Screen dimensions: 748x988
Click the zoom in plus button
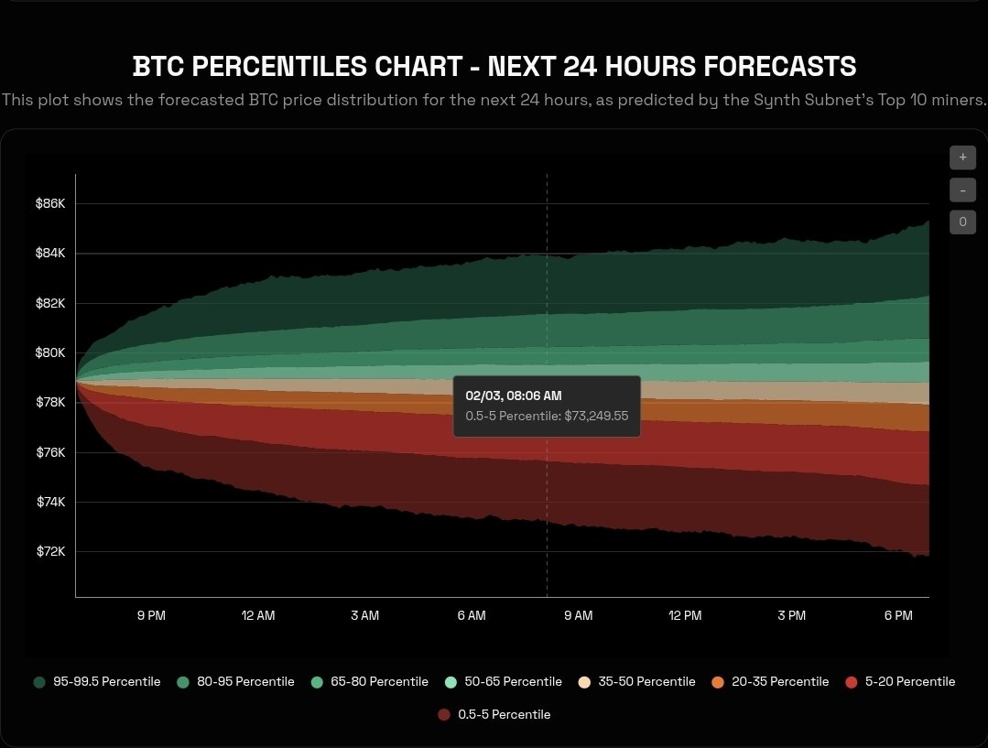pyautogui.click(x=962, y=157)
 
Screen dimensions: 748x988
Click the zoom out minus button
pyautogui.click(x=962, y=190)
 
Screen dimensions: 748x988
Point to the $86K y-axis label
pyautogui.click(x=50, y=203)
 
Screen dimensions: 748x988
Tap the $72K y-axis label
pyautogui.click(x=50, y=552)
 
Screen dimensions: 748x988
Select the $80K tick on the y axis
pyautogui.click(x=50, y=352)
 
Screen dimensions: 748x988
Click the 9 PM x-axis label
pyautogui.click(x=151, y=616)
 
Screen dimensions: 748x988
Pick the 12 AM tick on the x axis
pyautogui.click(x=258, y=616)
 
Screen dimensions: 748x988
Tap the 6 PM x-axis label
pyautogui.click(x=898, y=616)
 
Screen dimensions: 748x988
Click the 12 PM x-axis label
pyautogui.click(x=685, y=616)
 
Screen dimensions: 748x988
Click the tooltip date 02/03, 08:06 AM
pyautogui.click(x=514, y=396)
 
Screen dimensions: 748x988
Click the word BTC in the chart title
pyautogui.click(x=153, y=67)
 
